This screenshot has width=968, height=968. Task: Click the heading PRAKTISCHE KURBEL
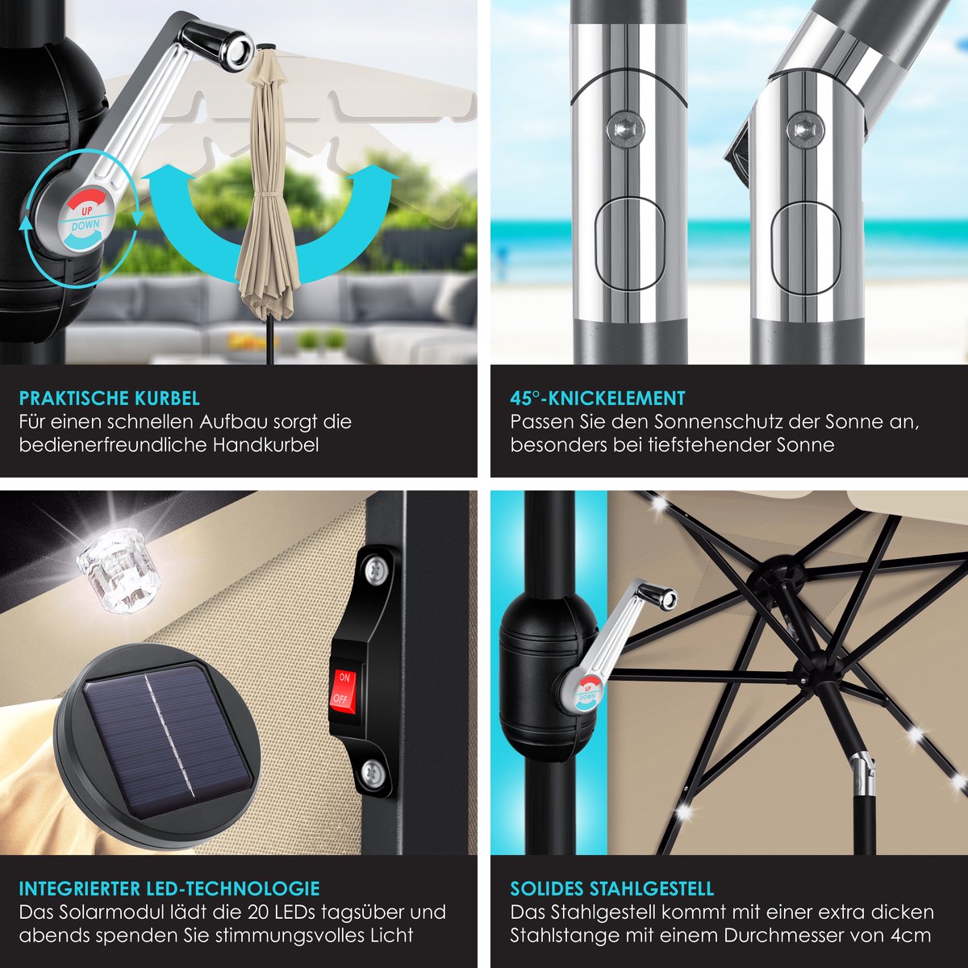click(x=110, y=398)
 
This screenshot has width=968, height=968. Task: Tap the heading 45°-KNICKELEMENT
click(x=598, y=398)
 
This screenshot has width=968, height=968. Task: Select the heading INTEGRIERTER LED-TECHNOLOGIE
click(x=169, y=889)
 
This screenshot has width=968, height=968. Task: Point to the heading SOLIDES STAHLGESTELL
click(x=611, y=889)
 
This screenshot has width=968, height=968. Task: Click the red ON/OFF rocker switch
click(x=343, y=688)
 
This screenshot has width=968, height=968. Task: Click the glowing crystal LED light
click(x=119, y=568)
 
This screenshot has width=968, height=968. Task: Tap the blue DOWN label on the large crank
click(x=86, y=226)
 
